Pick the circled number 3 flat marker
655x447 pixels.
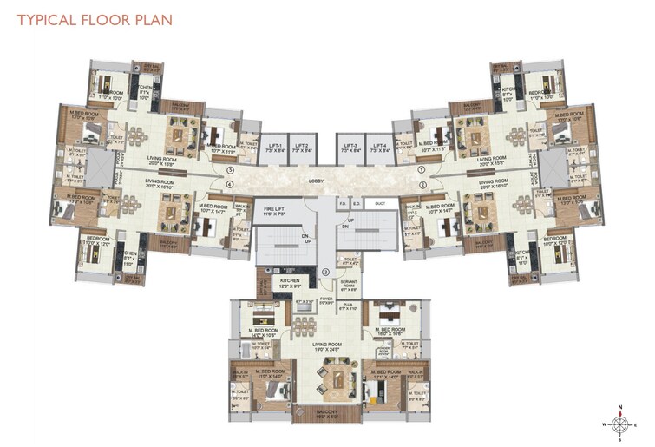324,273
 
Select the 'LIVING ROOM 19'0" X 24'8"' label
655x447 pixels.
327,347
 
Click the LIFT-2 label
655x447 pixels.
300,148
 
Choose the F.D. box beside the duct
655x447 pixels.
343,205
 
